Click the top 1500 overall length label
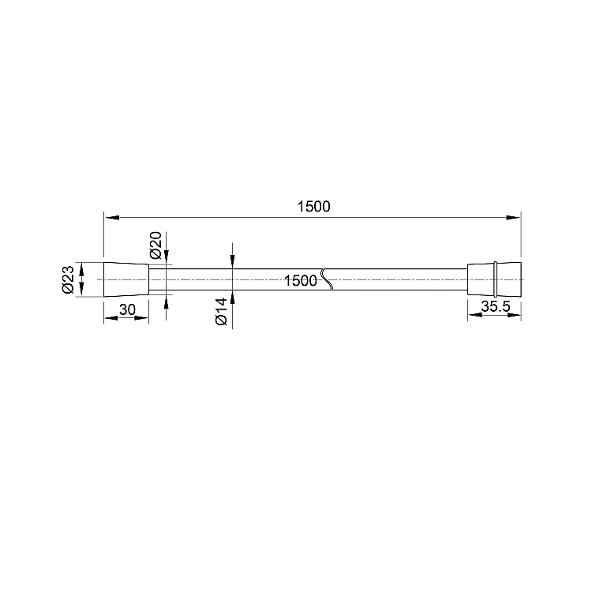tap(313, 207)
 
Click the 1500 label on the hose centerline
tap(301, 281)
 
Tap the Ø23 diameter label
tap(68, 279)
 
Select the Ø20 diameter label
tap(155, 245)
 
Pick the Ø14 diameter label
tap(221, 312)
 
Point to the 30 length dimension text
tap(127, 309)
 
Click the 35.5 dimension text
tap(496, 306)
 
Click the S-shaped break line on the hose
tap(327, 279)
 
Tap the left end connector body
tap(126, 279)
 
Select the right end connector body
tap(494, 279)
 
